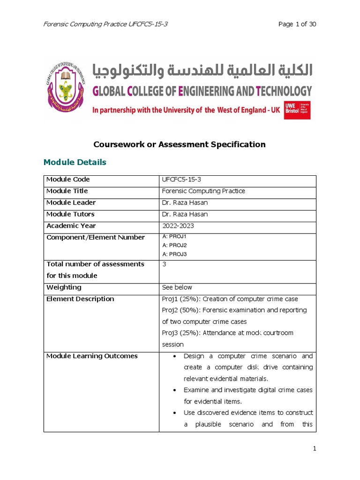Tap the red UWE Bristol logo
point(297,110)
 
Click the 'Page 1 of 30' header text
point(297,24)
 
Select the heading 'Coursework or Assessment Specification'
point(180,144)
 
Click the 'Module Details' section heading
point(75,162)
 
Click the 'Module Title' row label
point(67,191)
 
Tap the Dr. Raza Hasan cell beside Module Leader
point(185,202)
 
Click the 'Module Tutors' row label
point(70,214)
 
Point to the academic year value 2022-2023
point(178,226)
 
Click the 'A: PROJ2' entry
point(174,245)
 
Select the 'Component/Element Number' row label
point(96,238)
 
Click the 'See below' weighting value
point(177,287)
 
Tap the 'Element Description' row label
point(80,299)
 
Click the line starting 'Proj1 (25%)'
point(230,299)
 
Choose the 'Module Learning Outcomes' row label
point(92,356)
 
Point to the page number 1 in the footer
point(315,449)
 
